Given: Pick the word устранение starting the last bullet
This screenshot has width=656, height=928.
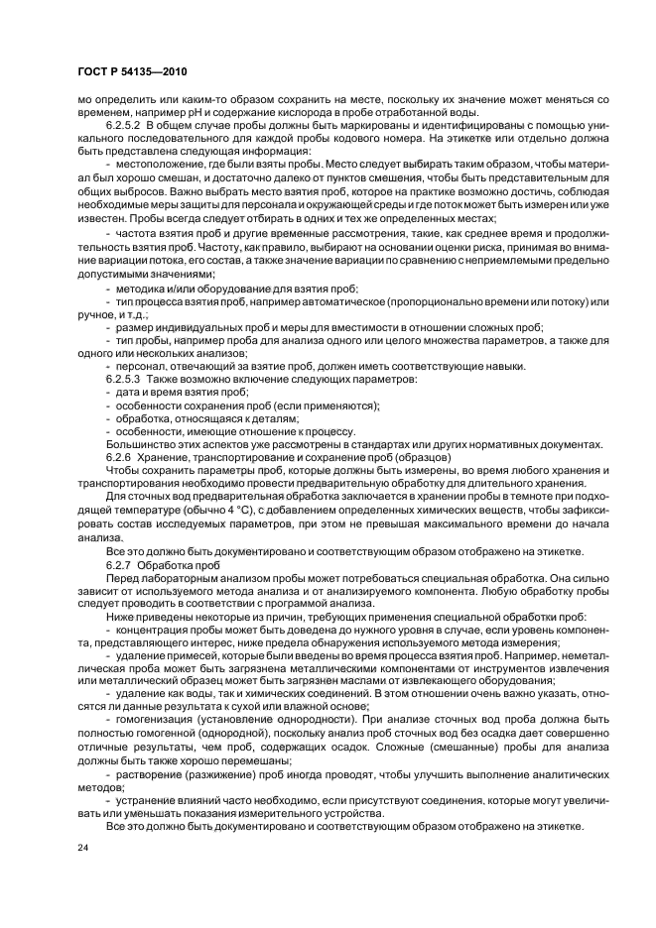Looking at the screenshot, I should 150,798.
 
